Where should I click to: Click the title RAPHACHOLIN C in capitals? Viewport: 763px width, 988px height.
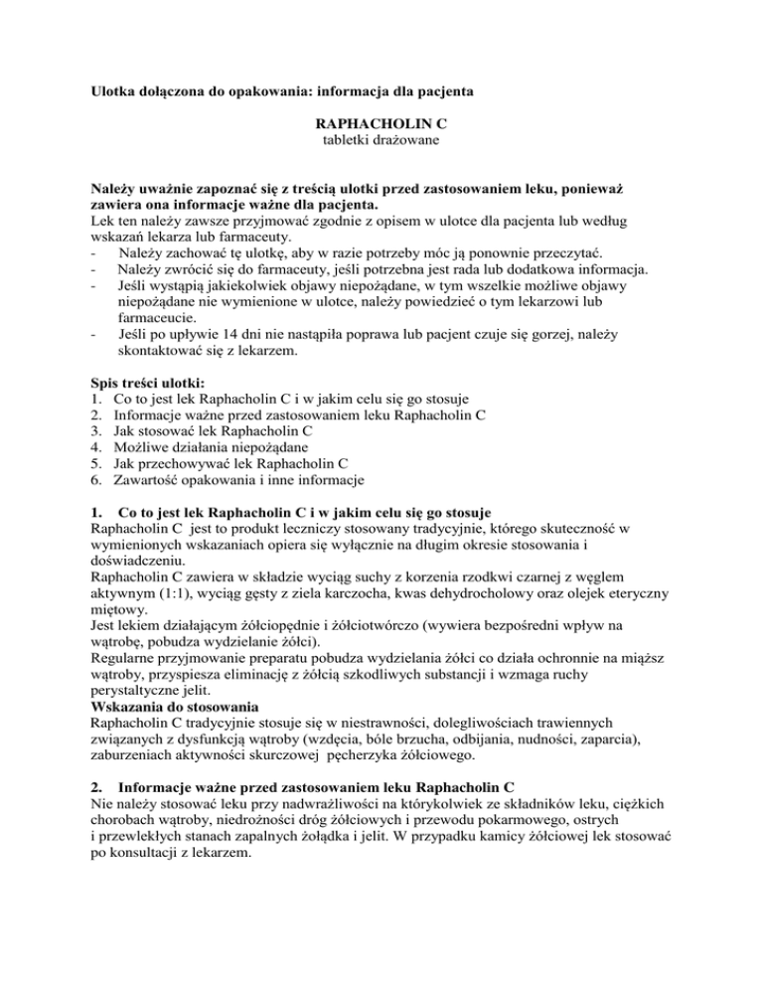[381, 128]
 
